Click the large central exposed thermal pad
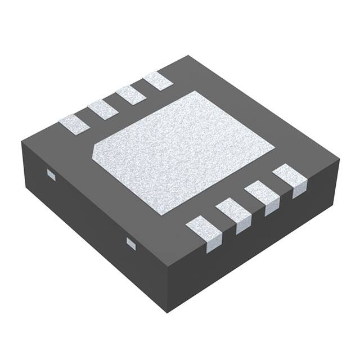point(183,152)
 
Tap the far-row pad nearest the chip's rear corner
point(158,81)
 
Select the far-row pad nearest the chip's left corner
point(74,124)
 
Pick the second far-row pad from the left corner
point(103,109)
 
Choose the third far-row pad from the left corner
point(131,95)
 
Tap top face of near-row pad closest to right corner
point(289,174)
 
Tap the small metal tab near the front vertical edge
point(131,243)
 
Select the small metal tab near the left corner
point(51,175)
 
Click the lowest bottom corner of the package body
point(168,311)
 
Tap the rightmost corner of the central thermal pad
point(274,148)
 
